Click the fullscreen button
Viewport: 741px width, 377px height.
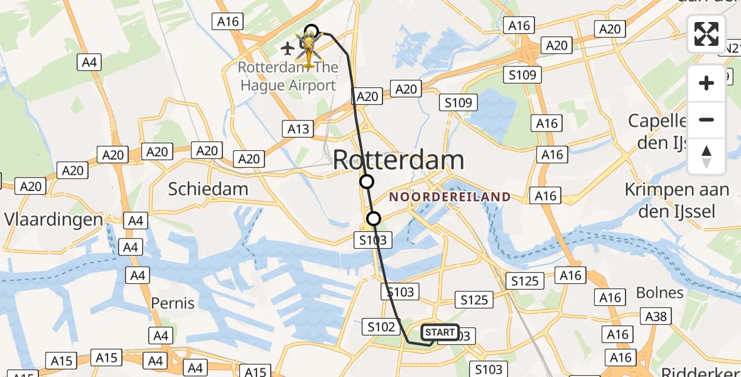tap(706, 34)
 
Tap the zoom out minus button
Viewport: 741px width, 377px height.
tap(706, 119)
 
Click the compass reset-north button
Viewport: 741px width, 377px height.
tap(706, 156)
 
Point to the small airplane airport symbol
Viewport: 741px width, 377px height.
tap(288, 47)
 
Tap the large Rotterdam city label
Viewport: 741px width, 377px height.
tap(398, 160)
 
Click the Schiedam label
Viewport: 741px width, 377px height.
tap(208, 188)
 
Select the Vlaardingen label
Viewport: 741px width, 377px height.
tap(53, 219)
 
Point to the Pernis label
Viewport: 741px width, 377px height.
tap(173, 303)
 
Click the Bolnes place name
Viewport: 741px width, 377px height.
tap(659, 292)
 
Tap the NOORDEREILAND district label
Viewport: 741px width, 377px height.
tap(450, 197)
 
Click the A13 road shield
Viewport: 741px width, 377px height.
tap(298, 129)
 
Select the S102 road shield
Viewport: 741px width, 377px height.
tap(381, 327)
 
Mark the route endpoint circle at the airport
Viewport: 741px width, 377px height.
tap(311, 31)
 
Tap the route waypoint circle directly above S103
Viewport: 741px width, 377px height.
tap(374, 219)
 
